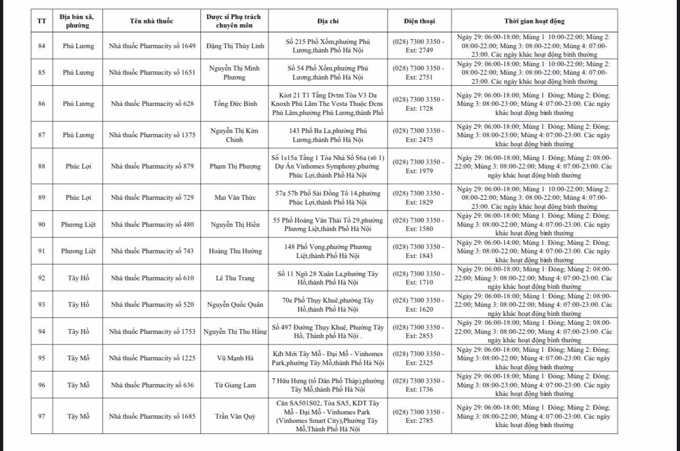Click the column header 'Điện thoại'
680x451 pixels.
click(419, 21)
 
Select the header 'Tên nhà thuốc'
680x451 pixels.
click(151, 21)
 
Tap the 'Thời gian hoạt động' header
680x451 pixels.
click(534, 21)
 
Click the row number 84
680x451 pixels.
click(42, 46)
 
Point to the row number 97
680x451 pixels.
click(42, 416)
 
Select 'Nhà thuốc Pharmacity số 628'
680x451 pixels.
click(151, 104)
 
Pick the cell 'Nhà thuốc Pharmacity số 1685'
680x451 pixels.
click(151, 416)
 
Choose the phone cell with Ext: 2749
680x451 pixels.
click(419, 46)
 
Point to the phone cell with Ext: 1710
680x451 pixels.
click(419, 278)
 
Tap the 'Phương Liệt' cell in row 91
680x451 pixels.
click(78, 251)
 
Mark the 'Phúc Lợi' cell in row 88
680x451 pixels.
click(78, 166)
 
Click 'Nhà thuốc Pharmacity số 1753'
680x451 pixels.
click(151, 332)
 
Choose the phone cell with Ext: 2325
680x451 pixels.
click(419, 358)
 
